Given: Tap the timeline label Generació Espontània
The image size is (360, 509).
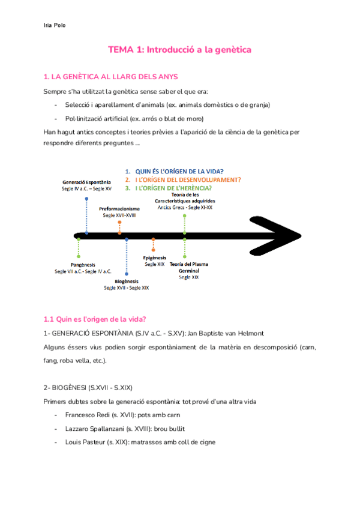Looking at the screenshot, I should tap(86, 181).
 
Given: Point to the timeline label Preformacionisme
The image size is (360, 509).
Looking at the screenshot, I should tap(119, 208).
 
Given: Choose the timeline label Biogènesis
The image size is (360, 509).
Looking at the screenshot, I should tap(126, 281).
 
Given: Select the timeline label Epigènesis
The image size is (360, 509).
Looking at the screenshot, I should tap(154, 258).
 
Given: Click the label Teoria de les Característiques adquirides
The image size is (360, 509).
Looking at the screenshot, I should tap(185, 197).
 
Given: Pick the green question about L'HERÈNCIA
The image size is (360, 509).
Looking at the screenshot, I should tap(173, 188).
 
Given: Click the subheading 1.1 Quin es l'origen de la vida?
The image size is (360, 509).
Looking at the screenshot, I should tap(95, 318).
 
